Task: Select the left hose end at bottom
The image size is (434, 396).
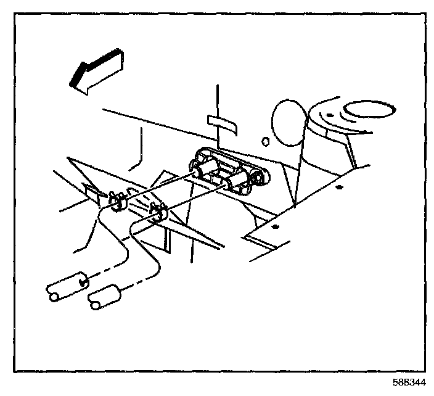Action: coord(65,287)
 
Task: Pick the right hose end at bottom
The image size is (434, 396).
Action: coord(105,299)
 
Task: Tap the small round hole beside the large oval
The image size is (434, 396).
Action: coord(265,142)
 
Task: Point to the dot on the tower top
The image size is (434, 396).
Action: coord(330,115)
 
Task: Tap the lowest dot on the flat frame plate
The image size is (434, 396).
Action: coord(274,227)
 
